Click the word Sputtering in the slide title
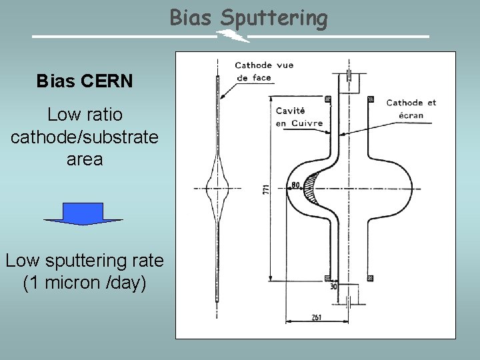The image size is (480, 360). coord(274,19)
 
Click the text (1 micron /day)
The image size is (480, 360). coord(85,283)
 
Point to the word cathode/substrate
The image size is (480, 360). coord(85,137)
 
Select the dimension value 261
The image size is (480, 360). coord(316,317)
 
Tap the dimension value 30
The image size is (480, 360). coord(333,287)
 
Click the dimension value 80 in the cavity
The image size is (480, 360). coord(296,185)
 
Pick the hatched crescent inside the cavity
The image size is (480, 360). coord(312,189)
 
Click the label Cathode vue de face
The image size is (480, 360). coord(263,71)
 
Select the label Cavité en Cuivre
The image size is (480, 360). coord(299,117)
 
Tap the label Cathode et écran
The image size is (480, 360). coord(411,108)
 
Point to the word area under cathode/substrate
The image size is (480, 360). coord(85,159)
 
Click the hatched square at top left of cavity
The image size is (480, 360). coord(327,99)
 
